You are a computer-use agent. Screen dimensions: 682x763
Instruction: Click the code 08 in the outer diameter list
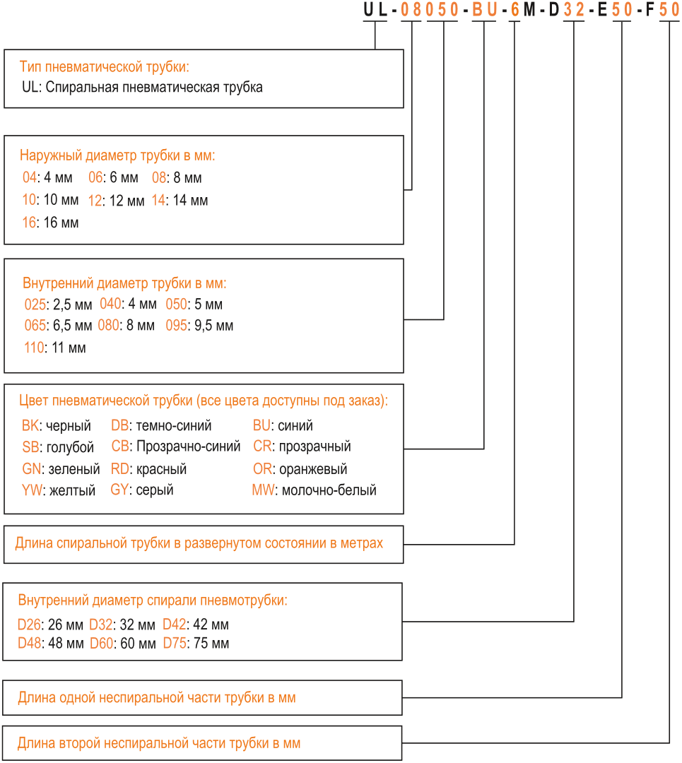coord(159,177)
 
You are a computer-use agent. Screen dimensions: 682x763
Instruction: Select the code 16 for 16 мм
coord(29,223)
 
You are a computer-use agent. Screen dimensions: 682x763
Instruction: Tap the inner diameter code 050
coord(176,304)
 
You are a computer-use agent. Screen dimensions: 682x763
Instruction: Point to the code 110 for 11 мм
coord(34,348)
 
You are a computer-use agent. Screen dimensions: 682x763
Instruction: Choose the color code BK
coord(30,425)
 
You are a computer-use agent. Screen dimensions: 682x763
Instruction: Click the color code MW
coord(264,490)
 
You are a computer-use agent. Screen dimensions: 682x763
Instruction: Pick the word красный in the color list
coord(162,469)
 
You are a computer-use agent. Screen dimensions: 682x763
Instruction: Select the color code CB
coord(120,446)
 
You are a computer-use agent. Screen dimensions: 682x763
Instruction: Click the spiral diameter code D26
coord(29,625)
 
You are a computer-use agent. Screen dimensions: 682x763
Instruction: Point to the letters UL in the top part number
coord(375,10)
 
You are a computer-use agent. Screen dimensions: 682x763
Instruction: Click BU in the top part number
coord(484,10)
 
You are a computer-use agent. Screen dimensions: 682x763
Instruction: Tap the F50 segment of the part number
coord(662,10)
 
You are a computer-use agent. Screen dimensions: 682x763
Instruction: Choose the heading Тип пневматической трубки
coord(104,66)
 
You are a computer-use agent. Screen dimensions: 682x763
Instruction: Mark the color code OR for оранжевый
coord(262,469)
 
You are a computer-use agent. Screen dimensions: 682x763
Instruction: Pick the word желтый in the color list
coord(73,490)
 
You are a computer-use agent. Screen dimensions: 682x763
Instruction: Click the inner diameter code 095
coord(176,325)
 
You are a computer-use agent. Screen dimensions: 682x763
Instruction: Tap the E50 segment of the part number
coord(615,10)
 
